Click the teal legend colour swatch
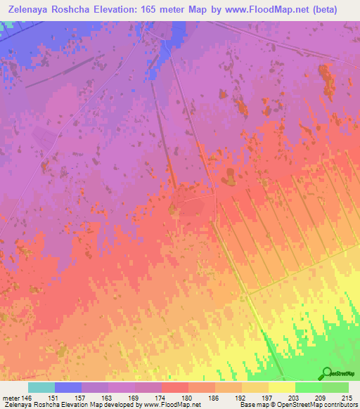(41, 388)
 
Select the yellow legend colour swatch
(282, 388)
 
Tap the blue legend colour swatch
(68, 388)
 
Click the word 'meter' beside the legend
(11, 398)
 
